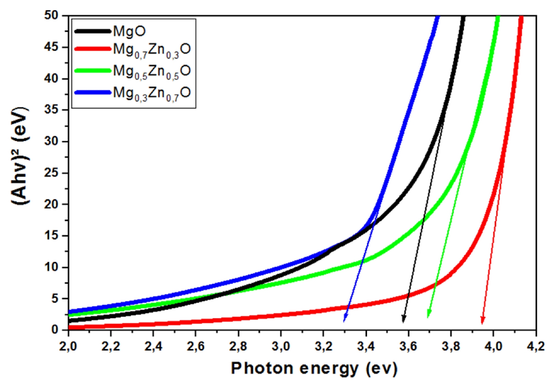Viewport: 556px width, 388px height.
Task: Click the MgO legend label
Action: pyautogui.click(x=129, y=32)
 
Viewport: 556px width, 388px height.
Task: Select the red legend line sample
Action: pyautogui.click(x=92, y=49)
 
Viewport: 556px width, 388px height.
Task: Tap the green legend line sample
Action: pyautogui.click(x=92, y=71)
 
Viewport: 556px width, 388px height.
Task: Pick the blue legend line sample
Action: pyautogui.click(x=92, y=92)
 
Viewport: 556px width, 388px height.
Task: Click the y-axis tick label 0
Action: pyautogui.click(x=55, y=330)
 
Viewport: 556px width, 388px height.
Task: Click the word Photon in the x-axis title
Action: pyautogui.click(x=263, y=369)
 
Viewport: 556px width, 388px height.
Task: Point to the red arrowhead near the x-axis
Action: pyautogui.click(x=483, y=320)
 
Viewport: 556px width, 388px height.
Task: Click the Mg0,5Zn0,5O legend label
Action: pyautogui.click(x=152, y=72)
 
